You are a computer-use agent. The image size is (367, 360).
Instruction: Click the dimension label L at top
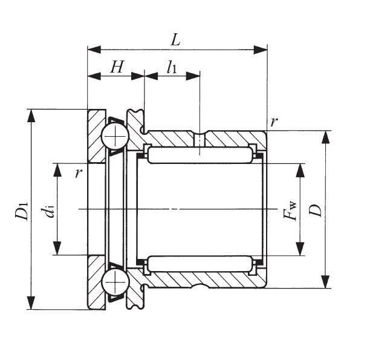coord(175,41)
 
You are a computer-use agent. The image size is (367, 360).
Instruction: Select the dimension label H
coord(117,68)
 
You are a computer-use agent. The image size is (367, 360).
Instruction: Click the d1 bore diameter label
coord(48,211)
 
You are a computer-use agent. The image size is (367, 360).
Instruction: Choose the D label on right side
coord(315,209)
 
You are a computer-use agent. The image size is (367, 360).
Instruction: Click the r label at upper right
coord(274,122)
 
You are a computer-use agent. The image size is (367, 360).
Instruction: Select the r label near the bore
coord(77,173)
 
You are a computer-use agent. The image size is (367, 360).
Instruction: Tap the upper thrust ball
coord(113,137)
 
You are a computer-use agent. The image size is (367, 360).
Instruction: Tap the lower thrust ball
coord(113,282)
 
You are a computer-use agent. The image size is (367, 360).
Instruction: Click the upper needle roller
coord(199,155)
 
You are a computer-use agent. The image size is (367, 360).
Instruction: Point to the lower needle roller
coord(199,264)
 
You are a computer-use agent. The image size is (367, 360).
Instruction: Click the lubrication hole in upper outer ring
coord(200,139)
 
